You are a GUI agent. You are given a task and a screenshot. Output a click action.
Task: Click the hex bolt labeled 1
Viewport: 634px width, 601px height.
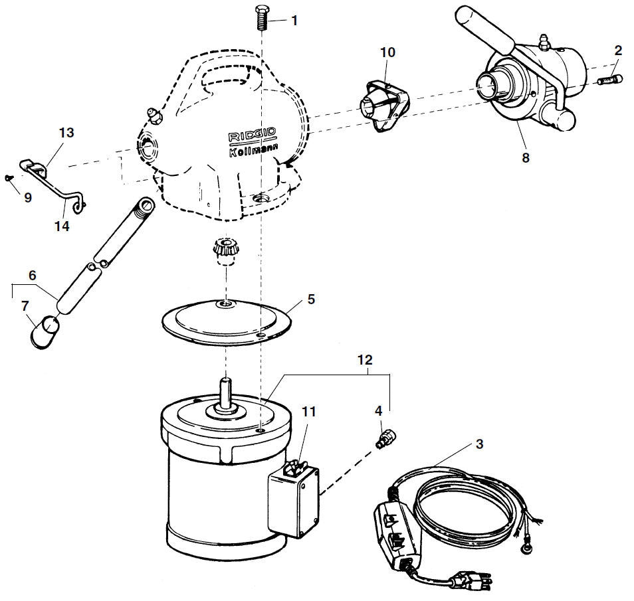pyautogui.click(x=262, y=17)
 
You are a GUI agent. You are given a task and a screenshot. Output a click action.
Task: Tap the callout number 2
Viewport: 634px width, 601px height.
pyautogui.click(x=618, y=50)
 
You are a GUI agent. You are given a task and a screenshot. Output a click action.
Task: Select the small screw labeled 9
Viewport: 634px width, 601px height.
pyautogui.click(x=9, y=177)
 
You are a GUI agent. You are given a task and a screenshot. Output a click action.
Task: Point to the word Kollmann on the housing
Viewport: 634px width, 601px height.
pyautogui.click(x=253, y=150)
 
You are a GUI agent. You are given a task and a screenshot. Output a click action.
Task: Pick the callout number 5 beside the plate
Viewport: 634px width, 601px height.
pyautogui.click(x=310, y=300)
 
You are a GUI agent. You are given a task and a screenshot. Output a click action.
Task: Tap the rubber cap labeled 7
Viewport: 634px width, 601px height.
pyautogui.click(x=45, y=332)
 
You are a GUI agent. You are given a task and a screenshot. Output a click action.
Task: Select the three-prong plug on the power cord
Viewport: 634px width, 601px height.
pyautogui.click(x=473, y=582)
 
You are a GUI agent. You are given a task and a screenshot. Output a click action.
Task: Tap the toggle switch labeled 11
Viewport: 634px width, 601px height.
pyautogui.click(x=294, y=466)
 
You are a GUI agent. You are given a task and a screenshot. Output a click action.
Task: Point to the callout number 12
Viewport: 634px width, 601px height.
pyautogui.click(x=364, y=360)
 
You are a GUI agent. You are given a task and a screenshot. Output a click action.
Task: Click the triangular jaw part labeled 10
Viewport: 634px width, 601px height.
pyautogui.click(x=383, y=107)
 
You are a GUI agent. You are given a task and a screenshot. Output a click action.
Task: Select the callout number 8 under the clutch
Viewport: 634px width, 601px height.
pyautogui.click(x=525, y=157)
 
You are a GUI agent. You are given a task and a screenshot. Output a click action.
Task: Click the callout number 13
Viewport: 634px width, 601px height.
pyautogui.click(x=66, y=133)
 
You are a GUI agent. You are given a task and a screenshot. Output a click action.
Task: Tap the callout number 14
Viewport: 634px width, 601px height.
pyautogui.click(x=62, y=226)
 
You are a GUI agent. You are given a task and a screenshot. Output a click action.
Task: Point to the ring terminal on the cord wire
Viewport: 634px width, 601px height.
pyautogui.click(x=526, y=549)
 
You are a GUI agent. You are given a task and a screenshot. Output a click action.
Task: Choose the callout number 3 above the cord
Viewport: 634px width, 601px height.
pyautogui.click(x=479, y=444)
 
